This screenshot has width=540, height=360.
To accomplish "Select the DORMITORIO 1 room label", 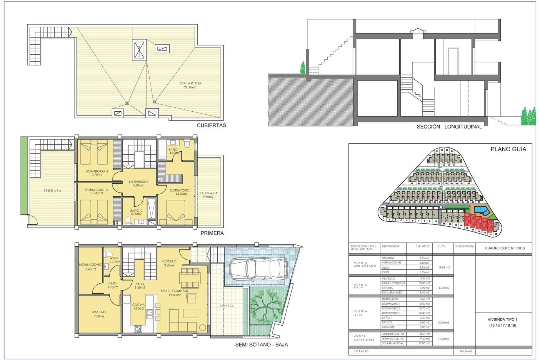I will tap(181, 192).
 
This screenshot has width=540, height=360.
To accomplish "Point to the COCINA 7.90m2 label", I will tap(138, 306).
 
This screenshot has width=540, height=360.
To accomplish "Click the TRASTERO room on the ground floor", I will tap(98, 314).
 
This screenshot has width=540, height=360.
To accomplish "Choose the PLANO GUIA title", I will tap(508, 149).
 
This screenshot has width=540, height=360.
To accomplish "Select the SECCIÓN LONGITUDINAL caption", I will tap(449, 127).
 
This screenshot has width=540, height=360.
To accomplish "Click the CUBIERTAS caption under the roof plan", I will tap(211, 125).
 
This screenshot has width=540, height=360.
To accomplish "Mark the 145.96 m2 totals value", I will tap(464, 351).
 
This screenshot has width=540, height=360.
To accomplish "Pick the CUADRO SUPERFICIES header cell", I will tap(505, 248).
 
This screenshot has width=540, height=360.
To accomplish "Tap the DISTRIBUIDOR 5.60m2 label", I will tap(139, 183).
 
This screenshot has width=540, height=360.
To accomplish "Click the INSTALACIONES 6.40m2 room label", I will tap(90, 267).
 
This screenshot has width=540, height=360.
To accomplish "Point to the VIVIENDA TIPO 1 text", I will tap(502, 319).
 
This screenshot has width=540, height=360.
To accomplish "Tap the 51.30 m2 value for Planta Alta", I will tap(444, 323).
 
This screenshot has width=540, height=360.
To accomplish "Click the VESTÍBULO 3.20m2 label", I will tap(169, 263).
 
